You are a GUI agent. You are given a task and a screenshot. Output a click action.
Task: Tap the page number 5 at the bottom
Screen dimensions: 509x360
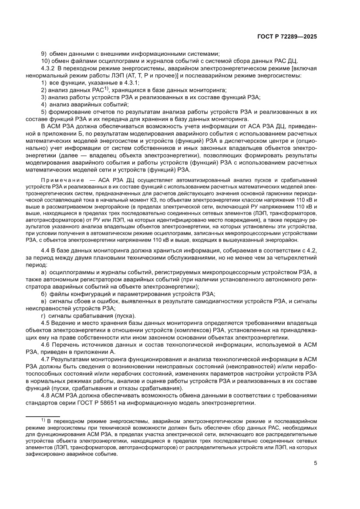click(315, 463)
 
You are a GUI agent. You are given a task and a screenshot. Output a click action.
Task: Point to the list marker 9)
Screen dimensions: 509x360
click(44, 53)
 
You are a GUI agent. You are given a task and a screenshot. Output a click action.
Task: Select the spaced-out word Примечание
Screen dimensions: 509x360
click(60, 180)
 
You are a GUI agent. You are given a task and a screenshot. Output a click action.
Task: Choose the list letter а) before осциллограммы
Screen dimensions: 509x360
click(44, 272)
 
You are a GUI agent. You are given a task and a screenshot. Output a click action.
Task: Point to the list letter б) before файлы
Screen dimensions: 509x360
click(44, 294)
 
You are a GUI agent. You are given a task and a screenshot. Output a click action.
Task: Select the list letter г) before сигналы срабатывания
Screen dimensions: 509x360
click(43, 316)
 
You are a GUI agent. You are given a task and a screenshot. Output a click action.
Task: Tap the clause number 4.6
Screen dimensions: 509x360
click(45, 345)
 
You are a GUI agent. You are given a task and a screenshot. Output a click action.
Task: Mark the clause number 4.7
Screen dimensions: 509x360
click(45, 360)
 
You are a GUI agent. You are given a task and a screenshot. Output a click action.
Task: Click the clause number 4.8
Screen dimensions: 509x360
click(45, 396)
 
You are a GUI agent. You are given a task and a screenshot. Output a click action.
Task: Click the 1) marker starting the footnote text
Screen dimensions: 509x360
click(43, 420)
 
